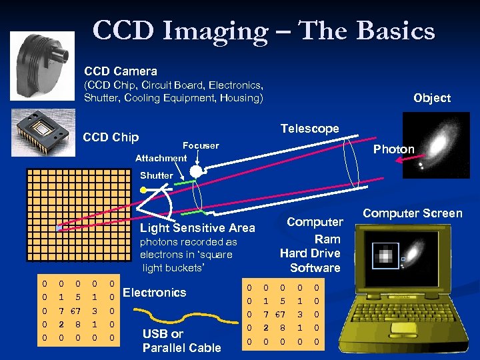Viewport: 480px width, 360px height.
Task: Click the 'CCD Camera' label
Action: tap(121, 71)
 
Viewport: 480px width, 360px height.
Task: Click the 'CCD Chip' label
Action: tap(111, 137)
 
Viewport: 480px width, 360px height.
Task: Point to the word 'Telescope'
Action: tap(309, 129)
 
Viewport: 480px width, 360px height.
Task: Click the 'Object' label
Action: tap(431, 98)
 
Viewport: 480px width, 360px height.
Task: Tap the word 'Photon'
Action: tap(393, 149)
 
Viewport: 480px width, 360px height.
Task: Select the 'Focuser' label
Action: tap(200, 145)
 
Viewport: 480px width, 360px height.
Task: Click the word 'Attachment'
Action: tap(161, 158)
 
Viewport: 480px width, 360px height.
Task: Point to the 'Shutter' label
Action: tap(156, 175)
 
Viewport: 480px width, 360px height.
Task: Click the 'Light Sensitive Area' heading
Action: tap(197, 229)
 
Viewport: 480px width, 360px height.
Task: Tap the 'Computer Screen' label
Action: tap(412, 213)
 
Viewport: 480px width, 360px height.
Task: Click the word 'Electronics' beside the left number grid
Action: tap(155, 292)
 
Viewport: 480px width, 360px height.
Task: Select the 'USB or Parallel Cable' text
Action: tap(181, 341)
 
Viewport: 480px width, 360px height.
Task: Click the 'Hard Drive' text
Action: tap(310, 253)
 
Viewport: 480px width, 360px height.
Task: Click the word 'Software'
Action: tap(315, 268)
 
